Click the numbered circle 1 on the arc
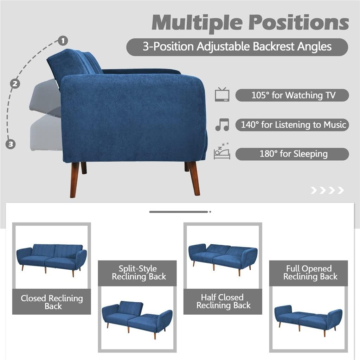pos(63,41)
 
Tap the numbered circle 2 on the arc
pos(15,84)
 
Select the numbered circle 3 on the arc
pos(11,144)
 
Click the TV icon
pos(222,95)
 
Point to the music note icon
pos(222,125)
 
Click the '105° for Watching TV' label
pos(292,95)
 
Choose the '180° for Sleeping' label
pos(292,154)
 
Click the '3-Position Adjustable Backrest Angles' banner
pos(237,47)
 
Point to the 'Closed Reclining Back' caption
pos(52,302)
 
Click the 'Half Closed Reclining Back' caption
pos(223,302)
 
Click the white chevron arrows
pos(327,191)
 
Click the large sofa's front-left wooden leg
pos(75,179)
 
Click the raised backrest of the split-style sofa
pos(130,308)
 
